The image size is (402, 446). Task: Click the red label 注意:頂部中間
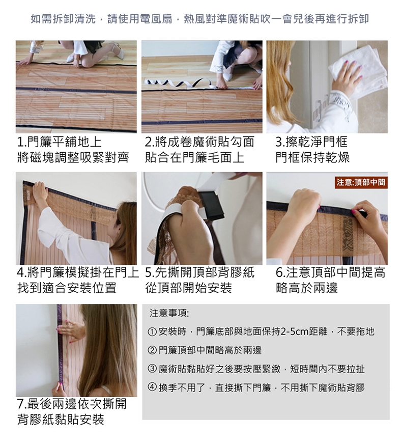pos(361,182)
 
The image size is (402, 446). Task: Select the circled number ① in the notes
pos(152,331)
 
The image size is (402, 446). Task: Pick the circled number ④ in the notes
pos(152,387)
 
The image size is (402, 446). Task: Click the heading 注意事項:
pos(169,313)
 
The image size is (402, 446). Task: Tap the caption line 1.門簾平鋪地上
pos(59,142)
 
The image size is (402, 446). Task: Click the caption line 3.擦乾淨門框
pos(311,142)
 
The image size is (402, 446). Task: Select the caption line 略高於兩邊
pos(307,288)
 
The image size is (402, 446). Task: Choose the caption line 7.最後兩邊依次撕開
pos(72,404)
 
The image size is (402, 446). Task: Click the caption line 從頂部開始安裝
pos(188,288)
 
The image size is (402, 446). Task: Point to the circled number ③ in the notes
pos(152,369)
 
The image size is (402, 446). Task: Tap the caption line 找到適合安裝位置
pos(67,288)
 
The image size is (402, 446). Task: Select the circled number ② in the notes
pos(152,350)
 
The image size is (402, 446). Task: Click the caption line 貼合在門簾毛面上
pos(195,157)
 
